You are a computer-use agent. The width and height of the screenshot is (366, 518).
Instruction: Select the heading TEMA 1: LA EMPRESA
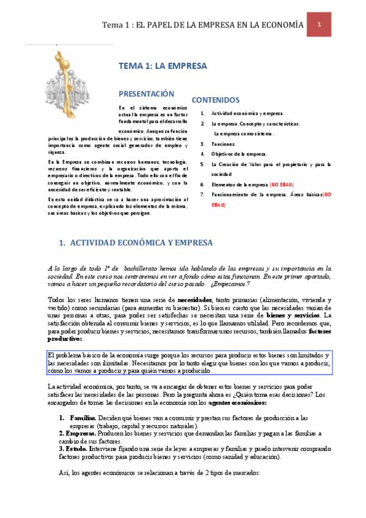tap(163, 66)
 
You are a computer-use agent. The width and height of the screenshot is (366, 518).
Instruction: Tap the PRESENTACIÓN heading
tap(146, 94)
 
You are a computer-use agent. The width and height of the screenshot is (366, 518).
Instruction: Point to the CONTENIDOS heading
tap(216, 100)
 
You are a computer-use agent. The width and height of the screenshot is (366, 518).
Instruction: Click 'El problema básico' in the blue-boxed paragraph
tap(72, 356)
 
